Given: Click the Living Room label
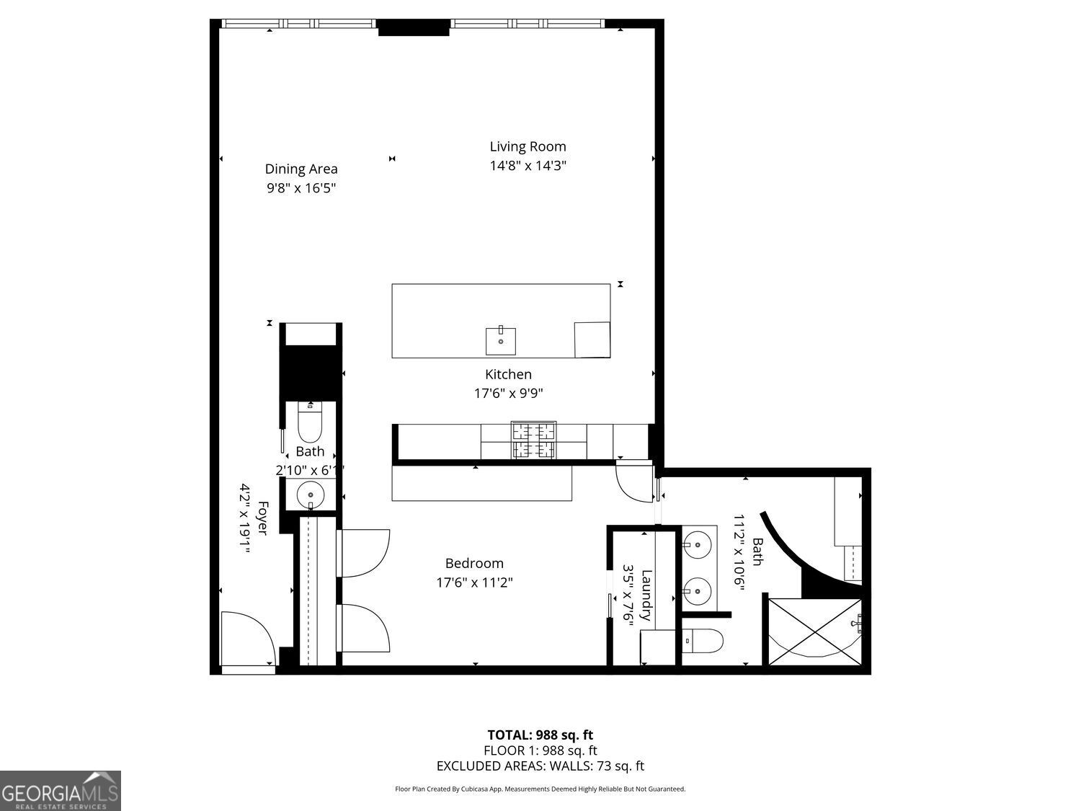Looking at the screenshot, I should [x=528, y=146].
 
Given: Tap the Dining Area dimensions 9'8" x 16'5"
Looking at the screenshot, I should [x=301, y=188].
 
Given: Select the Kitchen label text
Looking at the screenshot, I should [x=508, y=374].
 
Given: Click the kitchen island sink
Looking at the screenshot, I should [x=500, y=340].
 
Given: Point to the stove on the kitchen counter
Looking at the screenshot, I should [x=533, y=440].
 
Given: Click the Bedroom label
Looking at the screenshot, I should [x=474, y=563].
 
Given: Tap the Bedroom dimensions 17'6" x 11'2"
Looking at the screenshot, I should [x=474, y=582].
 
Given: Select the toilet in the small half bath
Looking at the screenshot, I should [x=310, y=423].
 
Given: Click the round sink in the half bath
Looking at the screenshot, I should [x=311, y=495].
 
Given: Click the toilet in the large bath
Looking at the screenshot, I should [x=702, y=640].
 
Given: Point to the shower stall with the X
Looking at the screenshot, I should [x=814, y=631].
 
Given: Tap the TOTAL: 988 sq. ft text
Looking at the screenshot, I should [x=540, y=735].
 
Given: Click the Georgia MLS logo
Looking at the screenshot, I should [x=61, y=791].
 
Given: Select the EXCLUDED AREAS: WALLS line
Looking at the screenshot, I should [x=540, y=766].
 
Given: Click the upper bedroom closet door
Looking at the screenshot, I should [x=364, y=552].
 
